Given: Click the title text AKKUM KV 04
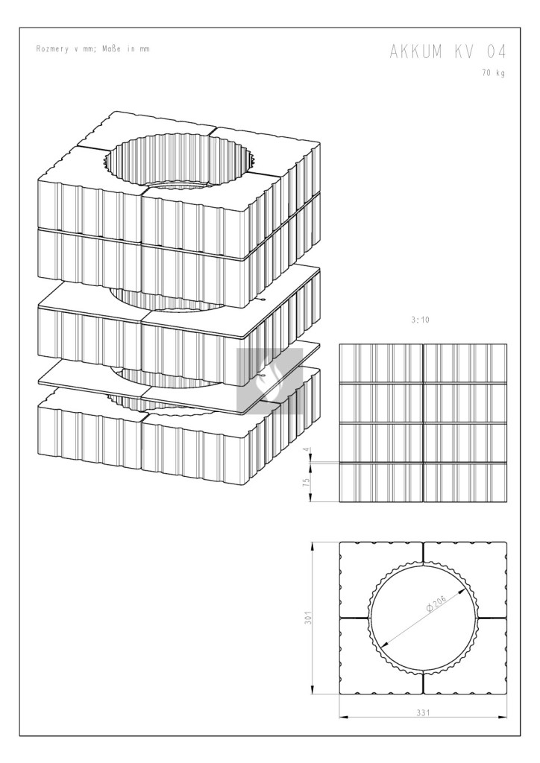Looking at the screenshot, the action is [x=448, y=51].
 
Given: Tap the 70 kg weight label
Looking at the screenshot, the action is [x=494, y=73].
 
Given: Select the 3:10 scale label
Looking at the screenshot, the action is [x=420, y=320].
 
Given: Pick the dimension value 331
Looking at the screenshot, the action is [x=423, y=712].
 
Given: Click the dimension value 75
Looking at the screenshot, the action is [x=306, y=482].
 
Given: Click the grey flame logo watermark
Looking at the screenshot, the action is [x=270, y=381].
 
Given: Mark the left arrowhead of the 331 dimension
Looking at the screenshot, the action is [x=343, y=718].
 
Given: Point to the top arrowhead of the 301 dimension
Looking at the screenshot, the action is [x=312, y=546].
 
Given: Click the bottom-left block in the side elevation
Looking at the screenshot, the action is [x=381, y=483].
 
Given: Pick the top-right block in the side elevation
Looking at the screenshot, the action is [x=465, y=364].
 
